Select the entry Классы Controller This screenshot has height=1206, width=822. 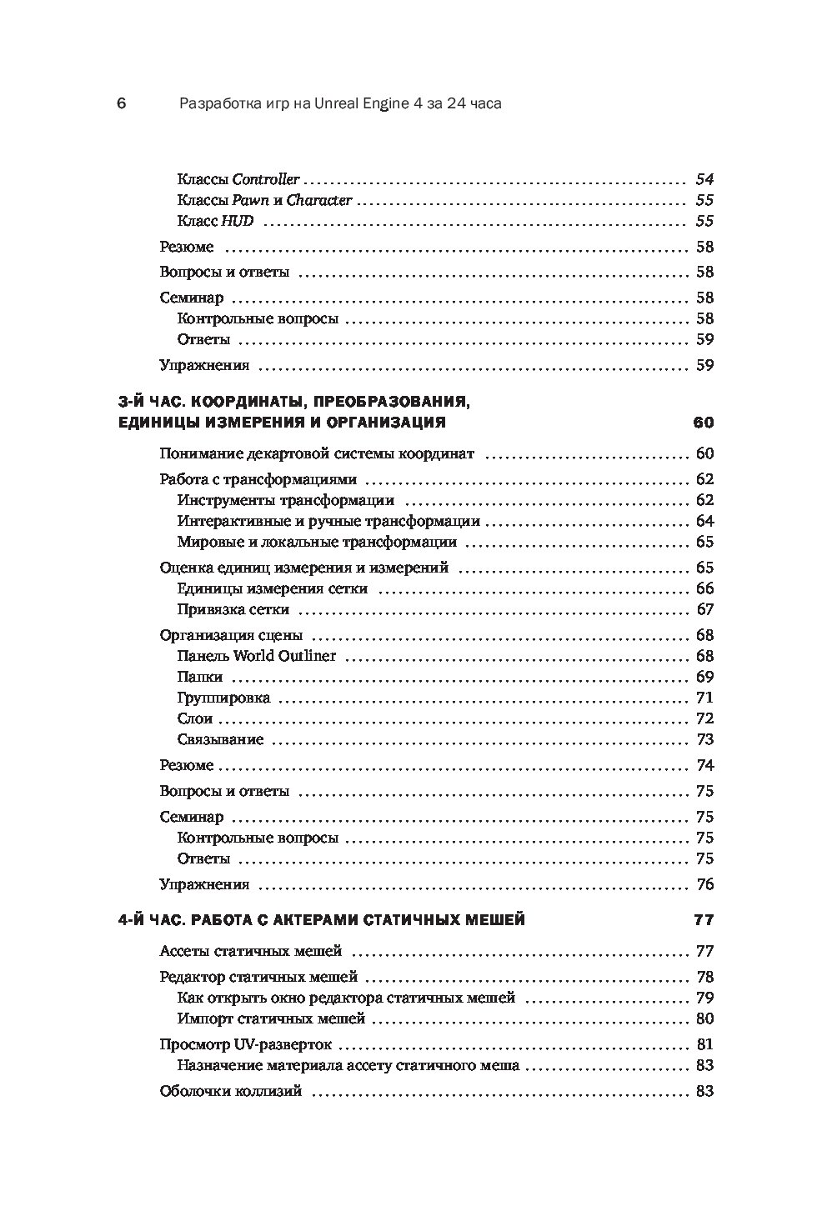click(238, 179)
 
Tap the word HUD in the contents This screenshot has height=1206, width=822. click(238, 222)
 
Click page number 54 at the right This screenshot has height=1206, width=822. click(704, 179)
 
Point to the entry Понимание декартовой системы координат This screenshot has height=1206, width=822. click(316, 454)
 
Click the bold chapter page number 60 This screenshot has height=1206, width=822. click(703, 423)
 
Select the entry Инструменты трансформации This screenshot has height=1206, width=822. click(286, 501)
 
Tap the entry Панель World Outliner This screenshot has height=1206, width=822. click(257, 656)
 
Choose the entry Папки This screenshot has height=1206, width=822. click(200, 677)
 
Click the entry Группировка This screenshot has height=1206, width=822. click(223, 698)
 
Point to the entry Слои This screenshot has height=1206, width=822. click(195, 718)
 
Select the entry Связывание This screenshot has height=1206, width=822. click(220, 739)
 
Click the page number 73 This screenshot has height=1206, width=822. click(705, 739)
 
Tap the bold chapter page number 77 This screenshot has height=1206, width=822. click(704, 920)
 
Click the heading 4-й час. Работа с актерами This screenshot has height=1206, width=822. click(321, 920)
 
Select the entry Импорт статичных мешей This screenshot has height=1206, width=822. click(272, 1018)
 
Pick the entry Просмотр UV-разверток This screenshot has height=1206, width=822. click(245, 1044)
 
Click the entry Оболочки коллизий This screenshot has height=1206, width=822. click(230, 1091)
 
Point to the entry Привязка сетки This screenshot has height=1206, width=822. click(234, 609)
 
